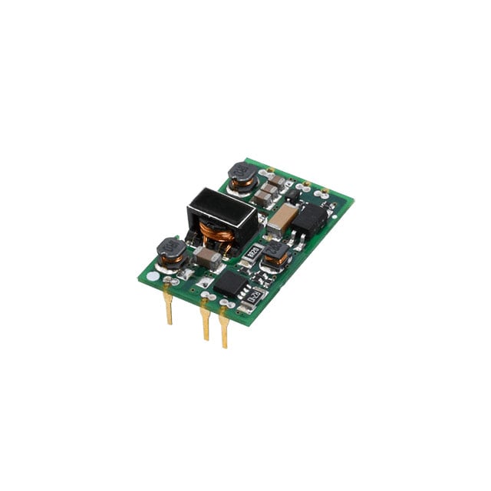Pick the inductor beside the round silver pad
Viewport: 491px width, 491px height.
pyautogui.click(x=171, y=251)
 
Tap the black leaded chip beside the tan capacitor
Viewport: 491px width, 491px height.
pyautogui.click(x=308, y=219)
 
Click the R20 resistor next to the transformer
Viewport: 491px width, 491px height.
pyautogui.click(x=249, y=250)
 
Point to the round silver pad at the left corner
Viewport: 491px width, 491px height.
pyautogui.click(x=153, y=275)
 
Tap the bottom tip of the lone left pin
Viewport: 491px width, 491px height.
pyautogui.click(x=170, y=322)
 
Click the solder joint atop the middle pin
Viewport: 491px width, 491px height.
pyautogui.click(x=204, y=295)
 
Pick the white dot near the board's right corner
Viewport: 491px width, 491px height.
pyautogui.click(x=334, y=216)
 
